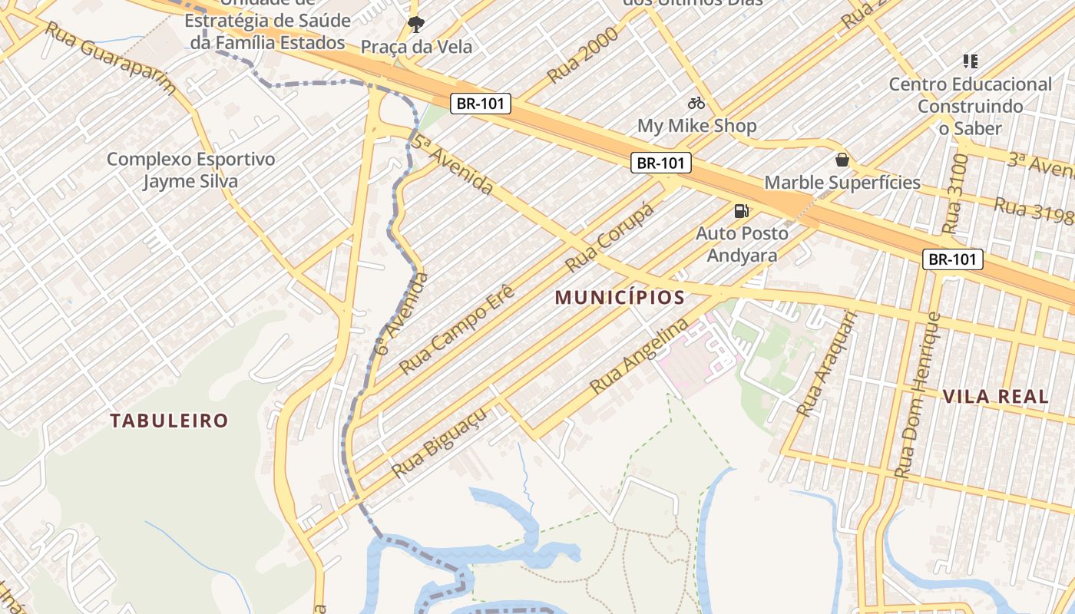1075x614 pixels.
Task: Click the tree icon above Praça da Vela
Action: (415, 25)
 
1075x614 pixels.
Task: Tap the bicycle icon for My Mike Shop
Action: (696, 102)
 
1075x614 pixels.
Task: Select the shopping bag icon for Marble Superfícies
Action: (842, 160)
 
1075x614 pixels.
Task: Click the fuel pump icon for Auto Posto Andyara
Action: (742, 210)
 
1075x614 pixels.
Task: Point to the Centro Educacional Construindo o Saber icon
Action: (970, 61)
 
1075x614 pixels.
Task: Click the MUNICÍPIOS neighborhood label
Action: (620, 298)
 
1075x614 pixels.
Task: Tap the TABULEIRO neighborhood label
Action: (169, 421)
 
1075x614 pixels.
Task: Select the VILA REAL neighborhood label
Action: (995, 397)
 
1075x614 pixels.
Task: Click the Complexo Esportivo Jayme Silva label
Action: (190, 170)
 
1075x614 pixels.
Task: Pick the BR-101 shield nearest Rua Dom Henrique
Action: (952, 259)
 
